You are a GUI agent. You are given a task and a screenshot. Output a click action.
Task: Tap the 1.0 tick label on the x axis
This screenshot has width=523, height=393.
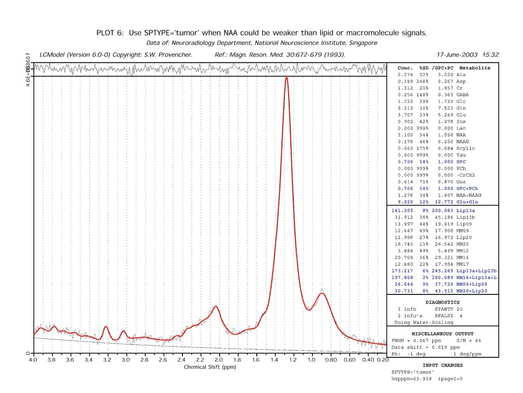[x=312, y=360]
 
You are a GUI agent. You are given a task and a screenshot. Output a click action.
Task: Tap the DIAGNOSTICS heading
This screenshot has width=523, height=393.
[x=442, y=302]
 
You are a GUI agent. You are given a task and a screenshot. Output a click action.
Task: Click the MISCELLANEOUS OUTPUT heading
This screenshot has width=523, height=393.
[x=442, y=333]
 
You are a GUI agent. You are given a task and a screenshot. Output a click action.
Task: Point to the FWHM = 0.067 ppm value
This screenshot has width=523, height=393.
[x=416, y=340]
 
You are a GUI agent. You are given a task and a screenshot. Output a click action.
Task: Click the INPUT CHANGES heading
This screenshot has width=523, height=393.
[x=442, y=365]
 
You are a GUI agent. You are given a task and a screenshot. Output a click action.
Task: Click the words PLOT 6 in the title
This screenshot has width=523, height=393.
[x=111, y=33]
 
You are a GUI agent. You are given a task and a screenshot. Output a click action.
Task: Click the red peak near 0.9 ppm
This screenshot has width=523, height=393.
[x=323, y=294]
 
